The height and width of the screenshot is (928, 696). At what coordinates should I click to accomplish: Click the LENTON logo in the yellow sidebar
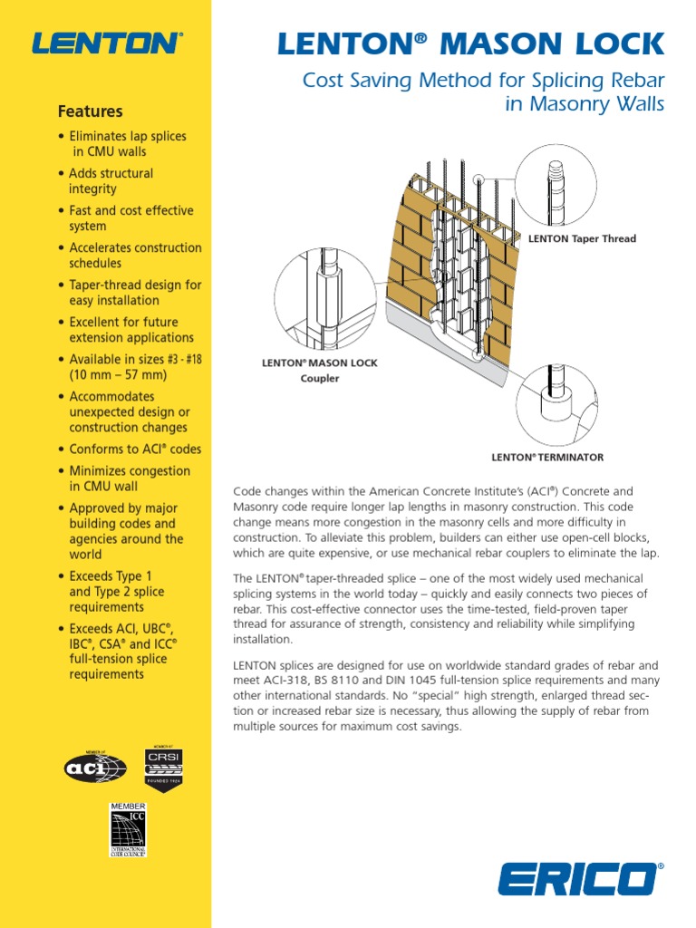click(x=106, y=43)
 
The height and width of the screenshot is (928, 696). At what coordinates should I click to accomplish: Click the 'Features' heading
click(x=90, y=111)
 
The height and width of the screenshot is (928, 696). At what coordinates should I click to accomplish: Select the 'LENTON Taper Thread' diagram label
click(x=582, y=239)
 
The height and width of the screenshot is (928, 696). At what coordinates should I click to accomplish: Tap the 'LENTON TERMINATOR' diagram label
click(x=547, y=458)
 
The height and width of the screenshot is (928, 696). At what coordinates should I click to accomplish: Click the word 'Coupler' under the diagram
click(x=320, y=378)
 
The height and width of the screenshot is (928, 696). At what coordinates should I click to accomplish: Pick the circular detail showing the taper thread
click(x=556, y=184)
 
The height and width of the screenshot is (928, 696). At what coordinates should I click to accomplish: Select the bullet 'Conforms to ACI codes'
click(x=135, y=449)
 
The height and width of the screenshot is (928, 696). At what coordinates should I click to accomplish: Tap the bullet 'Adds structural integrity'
click(x=111, y=181)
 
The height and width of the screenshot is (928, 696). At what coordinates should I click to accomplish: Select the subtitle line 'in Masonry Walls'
click(x=585, y=105)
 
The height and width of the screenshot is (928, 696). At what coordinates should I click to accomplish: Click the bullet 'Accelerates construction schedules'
click(x=135, y=256)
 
